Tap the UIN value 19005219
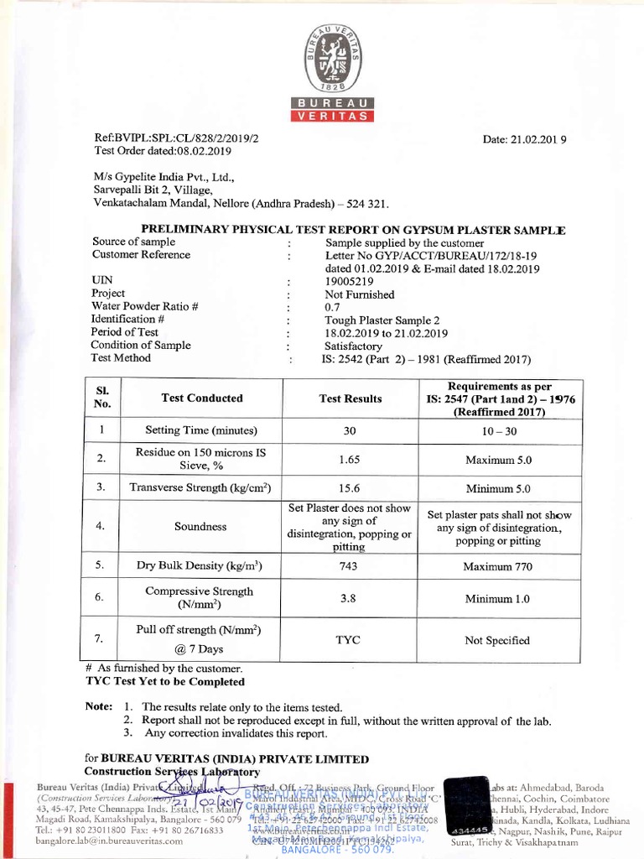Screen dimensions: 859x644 (330, 281)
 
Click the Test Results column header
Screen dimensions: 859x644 (351, 398)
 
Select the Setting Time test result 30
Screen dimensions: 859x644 (350, 430)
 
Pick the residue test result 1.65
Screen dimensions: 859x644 (350, 460)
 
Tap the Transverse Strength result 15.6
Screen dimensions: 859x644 (350, 487)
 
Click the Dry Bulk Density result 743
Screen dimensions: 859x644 (350, 566)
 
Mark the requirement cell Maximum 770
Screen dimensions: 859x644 (497, 567)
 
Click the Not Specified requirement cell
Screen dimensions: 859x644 (497, 641)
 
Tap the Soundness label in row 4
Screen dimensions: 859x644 (200, 527)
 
